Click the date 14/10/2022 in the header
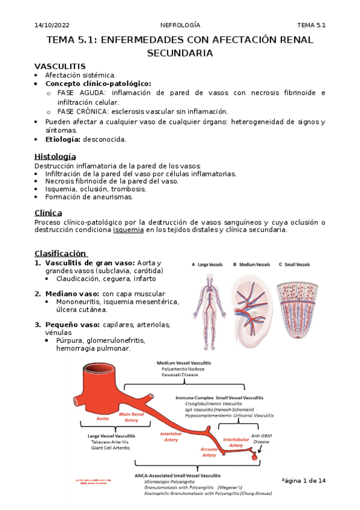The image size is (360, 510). point(52,25)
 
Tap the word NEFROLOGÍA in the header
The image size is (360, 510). point(180,25)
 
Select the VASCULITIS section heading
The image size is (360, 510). point(60,66)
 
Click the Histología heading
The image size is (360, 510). point(55,156)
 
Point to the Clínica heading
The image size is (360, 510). point(49,212)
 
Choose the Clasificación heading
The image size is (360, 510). point(61,253)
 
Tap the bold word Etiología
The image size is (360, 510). point(64,139)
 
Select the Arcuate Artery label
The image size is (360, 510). point(209,452)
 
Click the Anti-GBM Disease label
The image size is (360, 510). point(261,438)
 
